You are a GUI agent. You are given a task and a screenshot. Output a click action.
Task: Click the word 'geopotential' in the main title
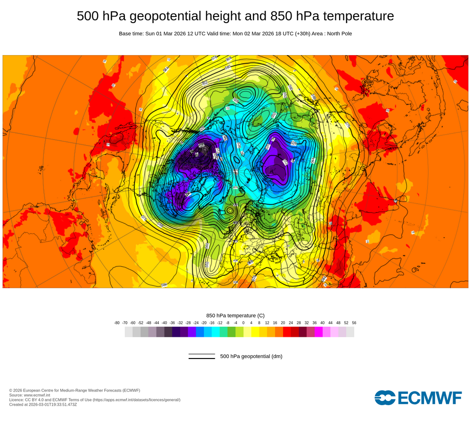tap(160, 16)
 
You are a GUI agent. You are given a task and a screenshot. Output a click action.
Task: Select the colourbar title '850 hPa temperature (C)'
tap(235, 315)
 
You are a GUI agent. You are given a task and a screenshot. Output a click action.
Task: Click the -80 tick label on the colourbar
tap(117, 323)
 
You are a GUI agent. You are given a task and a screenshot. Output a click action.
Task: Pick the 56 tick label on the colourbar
tap(354, 323)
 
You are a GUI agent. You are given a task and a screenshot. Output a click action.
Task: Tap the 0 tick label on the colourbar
tap(244, 323)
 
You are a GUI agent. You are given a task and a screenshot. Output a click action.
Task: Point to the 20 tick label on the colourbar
tap(283, 323)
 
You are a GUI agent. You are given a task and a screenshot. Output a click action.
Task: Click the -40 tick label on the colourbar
tap(164, 323)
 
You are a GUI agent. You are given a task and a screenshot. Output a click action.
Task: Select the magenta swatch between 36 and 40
tap(318, 332)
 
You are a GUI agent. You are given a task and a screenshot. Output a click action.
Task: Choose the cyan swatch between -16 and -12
tap(216, 332)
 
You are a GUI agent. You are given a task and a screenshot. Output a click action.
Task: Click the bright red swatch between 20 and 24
tap(287, 332)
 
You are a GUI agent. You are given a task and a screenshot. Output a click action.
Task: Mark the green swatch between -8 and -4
tap(232, 332)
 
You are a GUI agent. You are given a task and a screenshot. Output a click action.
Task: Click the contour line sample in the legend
tap(202, 356)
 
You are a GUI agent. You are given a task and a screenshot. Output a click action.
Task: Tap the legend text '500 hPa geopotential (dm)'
tap(251, 356)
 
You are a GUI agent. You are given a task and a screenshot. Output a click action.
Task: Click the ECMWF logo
tap(418, 398)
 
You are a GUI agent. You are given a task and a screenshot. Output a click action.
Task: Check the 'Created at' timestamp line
tap(43, 404)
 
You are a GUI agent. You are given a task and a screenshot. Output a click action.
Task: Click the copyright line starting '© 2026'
tap(74, 390)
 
